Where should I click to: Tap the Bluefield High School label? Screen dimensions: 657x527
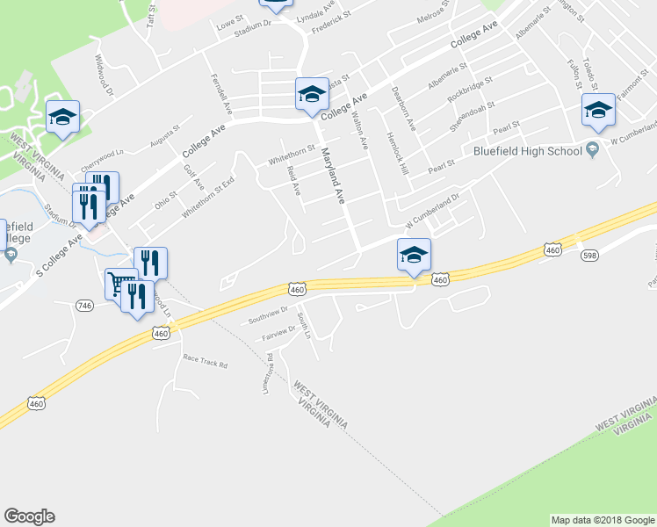tap(528, 150)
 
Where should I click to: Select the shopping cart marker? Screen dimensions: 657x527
tap(120, 284)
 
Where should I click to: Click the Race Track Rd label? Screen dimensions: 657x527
tap(205, 362)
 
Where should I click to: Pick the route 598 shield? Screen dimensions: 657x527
tap(588, 255)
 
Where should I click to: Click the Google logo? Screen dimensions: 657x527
tap(29, 516)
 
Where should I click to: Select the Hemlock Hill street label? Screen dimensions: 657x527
tap(397, 150)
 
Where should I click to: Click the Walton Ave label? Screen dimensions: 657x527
tap(358, 123)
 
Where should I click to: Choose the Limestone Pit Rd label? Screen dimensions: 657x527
tap(270, 373)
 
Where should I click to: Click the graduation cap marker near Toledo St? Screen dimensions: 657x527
tap(597, 110)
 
